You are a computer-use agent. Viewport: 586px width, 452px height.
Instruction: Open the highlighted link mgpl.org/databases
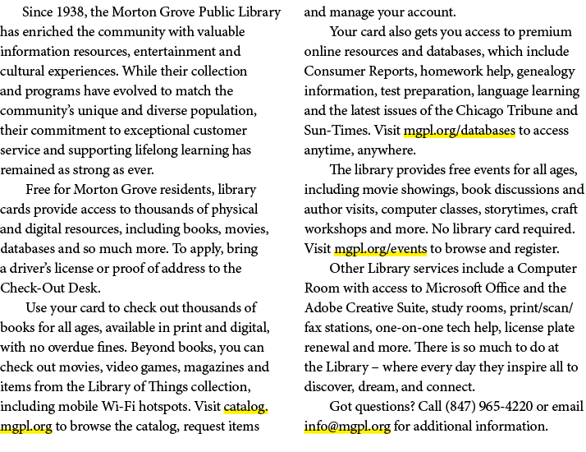[x=460, y=130]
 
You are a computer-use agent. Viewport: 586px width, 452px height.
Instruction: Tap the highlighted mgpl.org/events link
[x=381, y=248]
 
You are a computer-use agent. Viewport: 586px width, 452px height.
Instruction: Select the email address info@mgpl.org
[x=347, y=426]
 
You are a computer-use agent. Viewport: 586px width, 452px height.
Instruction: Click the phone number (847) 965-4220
[x=489, y=406]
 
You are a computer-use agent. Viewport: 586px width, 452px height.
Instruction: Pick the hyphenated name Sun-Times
[x=337, y=130]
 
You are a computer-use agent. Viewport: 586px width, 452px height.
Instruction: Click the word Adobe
[x=323, y=307]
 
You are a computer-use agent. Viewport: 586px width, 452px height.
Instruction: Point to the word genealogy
[x=546, y=71]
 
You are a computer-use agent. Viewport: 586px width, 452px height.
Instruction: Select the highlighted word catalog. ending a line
[x=245, y=406]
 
